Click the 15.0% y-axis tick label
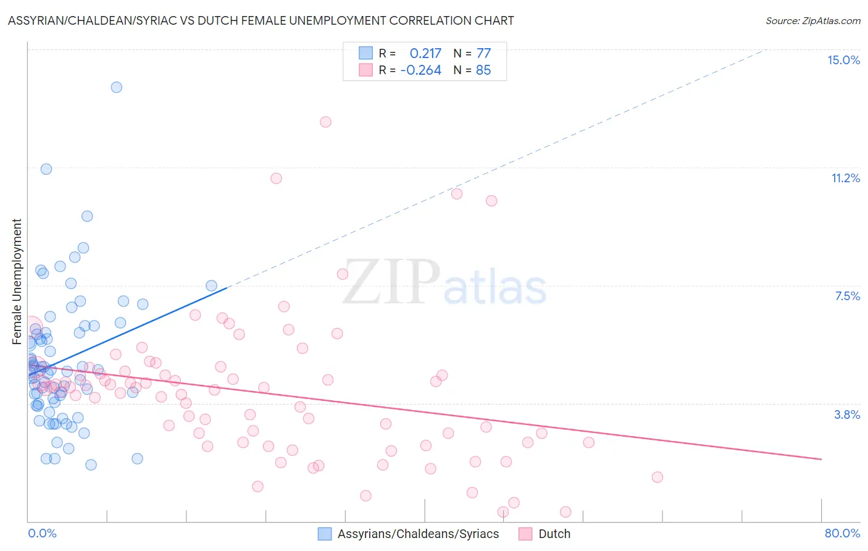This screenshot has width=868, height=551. coord(843,60)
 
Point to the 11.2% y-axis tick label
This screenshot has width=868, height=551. coord(845,178)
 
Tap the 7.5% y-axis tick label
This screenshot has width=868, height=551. coord(847,296)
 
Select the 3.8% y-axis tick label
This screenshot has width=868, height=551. coord(847,414)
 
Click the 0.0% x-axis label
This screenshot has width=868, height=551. coord(42,533)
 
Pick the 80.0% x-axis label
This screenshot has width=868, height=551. coord(842,533)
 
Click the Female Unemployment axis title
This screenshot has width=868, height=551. coord(17,282)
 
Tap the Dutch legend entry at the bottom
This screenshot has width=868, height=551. coord(554,534)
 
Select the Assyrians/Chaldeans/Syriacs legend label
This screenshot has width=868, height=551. coord(418,534)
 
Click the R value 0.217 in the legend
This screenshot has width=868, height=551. coord(425,53)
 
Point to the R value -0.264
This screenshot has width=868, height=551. coord(420,70)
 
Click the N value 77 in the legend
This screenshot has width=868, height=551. coord(483,53)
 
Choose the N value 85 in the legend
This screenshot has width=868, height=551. coord(483,70)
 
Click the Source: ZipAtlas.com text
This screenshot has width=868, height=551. coord(812,21)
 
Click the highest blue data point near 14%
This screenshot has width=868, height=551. coord(116,87)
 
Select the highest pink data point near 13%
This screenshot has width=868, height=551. coord(325,122)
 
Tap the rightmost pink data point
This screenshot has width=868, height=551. coord(657,477)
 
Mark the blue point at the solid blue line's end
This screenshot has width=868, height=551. coord(211,285)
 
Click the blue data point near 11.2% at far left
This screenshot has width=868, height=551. coord(46,169)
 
